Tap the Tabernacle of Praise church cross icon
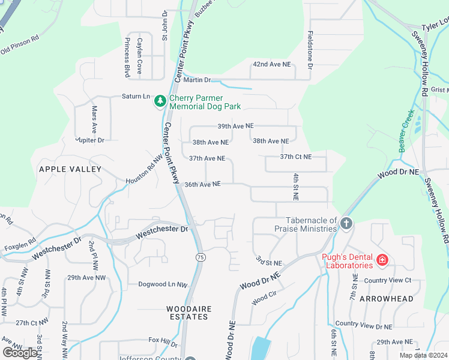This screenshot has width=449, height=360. click(346, 224)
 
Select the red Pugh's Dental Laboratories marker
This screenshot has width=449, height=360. click(382, 261)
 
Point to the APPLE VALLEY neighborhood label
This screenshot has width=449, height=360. click(70, 170)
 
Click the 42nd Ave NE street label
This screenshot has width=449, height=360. click(271, 64)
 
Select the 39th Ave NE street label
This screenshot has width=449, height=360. click(235, 126)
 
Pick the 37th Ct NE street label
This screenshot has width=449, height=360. click(295, 157)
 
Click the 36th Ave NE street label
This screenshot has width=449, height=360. click(203, 184)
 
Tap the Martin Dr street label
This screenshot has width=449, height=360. click(197, 80)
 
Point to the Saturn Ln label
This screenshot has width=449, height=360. click(136, 96)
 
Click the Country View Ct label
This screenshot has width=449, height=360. click(387, 280)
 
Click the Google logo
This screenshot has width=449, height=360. click(20, 353)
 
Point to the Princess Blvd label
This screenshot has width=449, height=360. click(127, 57)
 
